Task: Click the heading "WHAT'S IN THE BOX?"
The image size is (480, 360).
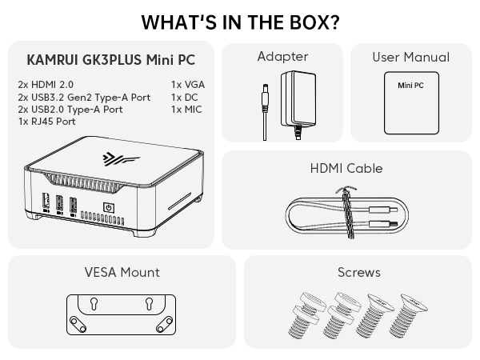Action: pos(239,22)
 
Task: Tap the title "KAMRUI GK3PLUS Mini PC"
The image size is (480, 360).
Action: pos(110,60)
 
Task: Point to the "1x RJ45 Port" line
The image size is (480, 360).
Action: pos(46,122)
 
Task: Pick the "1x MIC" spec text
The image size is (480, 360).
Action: pos(186,109)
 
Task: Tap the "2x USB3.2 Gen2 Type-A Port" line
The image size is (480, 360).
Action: pos(83,97)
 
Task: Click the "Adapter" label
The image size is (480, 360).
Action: pos(282,57)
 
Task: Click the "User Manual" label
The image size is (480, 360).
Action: pos(410,57)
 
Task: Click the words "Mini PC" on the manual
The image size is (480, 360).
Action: pos(411,83)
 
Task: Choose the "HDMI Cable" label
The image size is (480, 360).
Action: pos(346,169)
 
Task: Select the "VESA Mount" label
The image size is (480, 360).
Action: pos(122,273)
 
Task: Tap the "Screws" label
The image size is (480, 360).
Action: pos(358,273)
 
